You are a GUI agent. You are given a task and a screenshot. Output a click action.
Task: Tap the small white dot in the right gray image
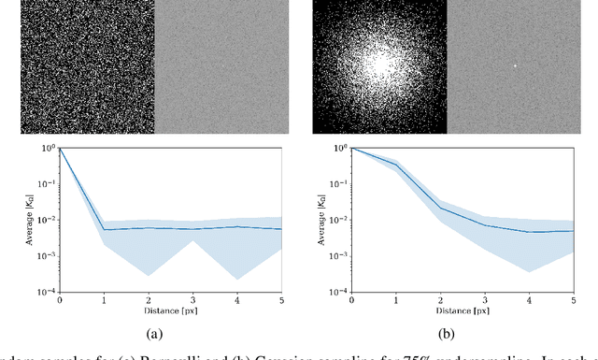[515, 66]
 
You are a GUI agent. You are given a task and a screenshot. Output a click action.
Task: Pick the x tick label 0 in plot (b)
[351, 300]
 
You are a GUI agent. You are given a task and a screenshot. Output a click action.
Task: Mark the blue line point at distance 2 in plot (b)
[442, 209]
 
